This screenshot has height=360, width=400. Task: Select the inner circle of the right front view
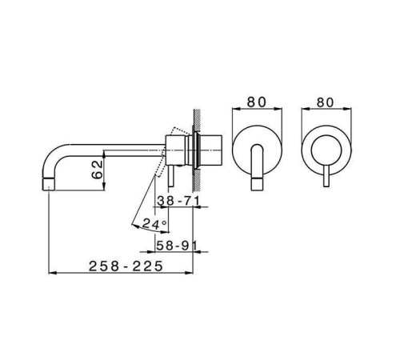tap(327, 148)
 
